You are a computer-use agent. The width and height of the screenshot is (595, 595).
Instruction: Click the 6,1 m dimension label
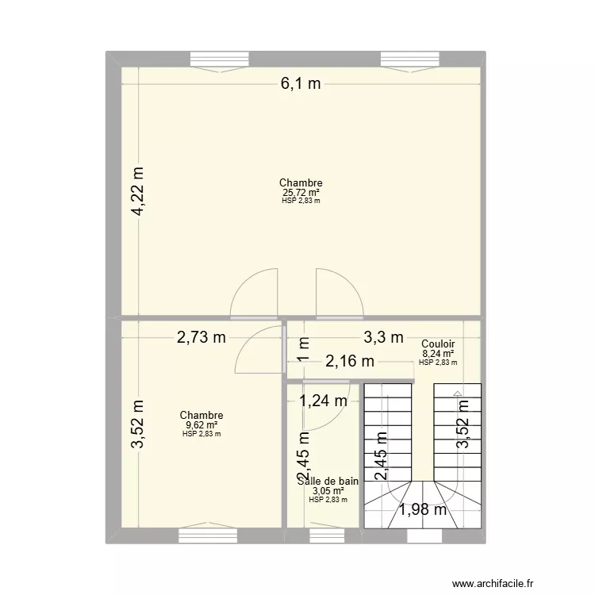point(300,84)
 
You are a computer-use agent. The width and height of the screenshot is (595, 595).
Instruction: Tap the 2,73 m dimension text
point(201,337)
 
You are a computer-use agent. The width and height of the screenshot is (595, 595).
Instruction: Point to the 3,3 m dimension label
point(383,337)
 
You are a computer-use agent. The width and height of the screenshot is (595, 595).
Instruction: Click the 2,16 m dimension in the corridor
point(350,362)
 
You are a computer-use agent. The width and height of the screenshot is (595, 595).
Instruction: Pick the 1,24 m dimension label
point(323,401)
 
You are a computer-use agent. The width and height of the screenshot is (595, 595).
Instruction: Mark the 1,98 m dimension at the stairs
point(422,509)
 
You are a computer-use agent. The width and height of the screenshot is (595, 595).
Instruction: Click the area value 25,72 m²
point(301,192)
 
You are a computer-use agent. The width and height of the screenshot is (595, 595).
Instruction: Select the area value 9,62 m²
point(201,424)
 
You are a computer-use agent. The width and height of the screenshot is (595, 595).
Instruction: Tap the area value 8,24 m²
point(438,354)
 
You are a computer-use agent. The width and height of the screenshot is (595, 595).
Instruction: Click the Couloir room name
point(438,344)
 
